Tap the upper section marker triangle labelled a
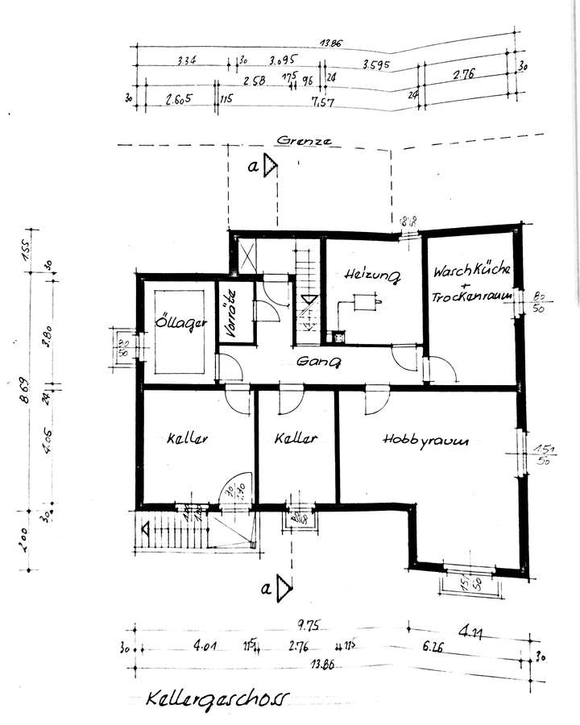click(x=272, y=166)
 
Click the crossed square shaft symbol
click(x=246, y=255)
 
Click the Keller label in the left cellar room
click(x=188, y=440)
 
